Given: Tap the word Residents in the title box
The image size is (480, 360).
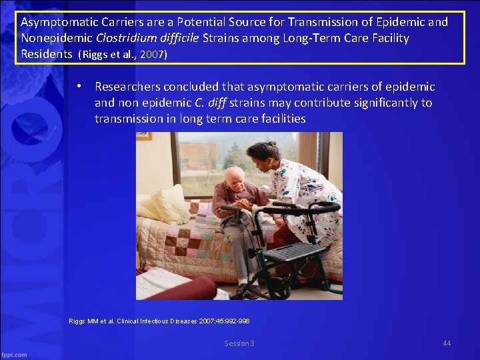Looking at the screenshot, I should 46,53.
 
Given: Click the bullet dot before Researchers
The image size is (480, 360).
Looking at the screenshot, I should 79,87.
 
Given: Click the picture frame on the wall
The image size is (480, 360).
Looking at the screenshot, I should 145,135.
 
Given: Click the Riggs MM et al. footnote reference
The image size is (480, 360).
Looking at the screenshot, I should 159,321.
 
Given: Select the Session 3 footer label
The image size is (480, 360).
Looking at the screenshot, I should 239,343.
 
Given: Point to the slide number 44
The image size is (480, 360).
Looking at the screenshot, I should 447,343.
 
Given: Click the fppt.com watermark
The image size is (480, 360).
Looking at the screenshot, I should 14,354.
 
